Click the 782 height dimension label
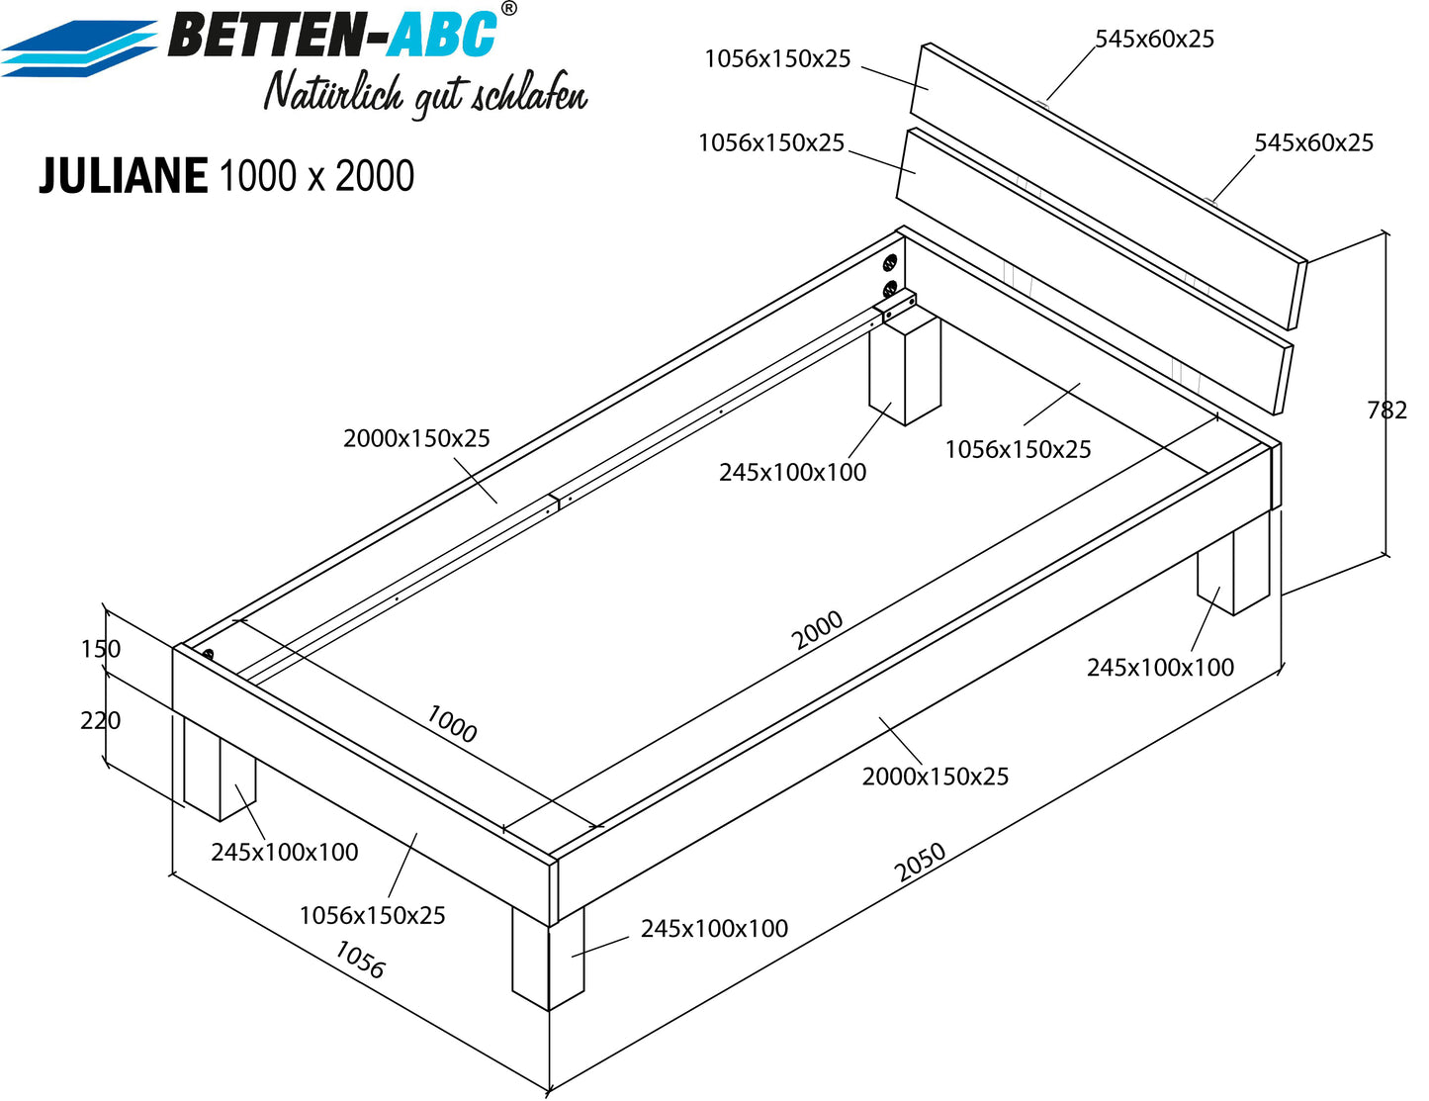click(x=1386, y=410)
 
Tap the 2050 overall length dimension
click(x=920, y=862)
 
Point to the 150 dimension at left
click(x=101, y=649)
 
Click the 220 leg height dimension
click(x=101, y=721)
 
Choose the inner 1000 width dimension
click(x=452, y=723)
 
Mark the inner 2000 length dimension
click(x=817, y=629)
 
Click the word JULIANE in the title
click(x=124, y=176)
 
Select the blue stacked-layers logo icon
click(x=79, y=48)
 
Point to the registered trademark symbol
click(x=508, y=9)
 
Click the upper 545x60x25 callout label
click(x=1154, y=39)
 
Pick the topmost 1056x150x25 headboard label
click(x=777, y=58)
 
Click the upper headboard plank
click(x=1109, y=185)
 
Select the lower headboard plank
click(x=1095, y=271)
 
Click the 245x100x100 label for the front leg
click(x=714, y=928)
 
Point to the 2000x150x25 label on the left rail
click(x=417, y=438)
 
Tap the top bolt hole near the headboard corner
click(x=890, y=264)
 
